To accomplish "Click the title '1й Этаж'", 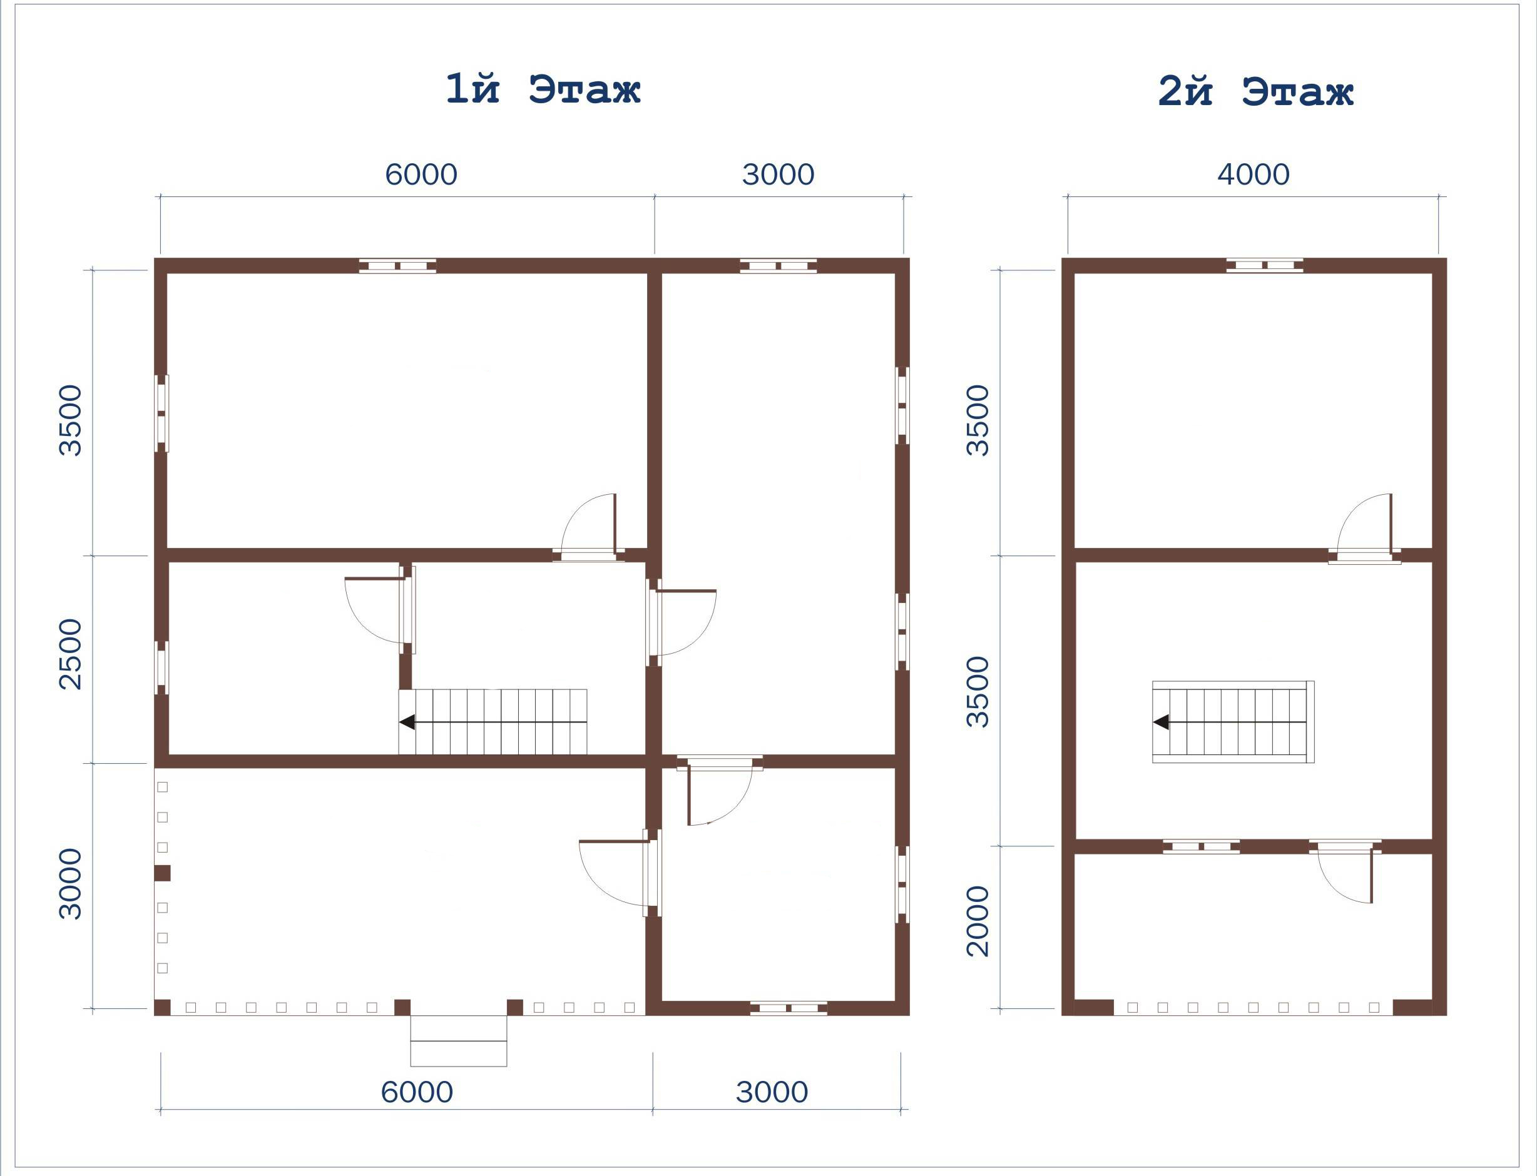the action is [x=543, y=89].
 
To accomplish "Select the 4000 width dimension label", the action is [x=1253, y=175].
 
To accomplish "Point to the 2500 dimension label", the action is [x=71, y=654].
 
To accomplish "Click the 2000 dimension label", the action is [x=978, y=921].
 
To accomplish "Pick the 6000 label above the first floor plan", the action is [x=421, y=175].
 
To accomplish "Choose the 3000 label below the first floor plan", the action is [x=772, y=1092].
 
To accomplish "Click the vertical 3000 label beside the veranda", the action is [x=71, y=883].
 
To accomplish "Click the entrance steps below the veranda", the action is [x=459, y=1041].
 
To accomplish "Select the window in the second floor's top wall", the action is [x=1264, y=265].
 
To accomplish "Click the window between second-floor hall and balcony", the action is [x=1201, y=846].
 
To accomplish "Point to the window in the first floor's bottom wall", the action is [x=789, y=1008].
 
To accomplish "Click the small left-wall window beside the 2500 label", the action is [x=161, y=668].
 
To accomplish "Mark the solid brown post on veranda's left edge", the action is [x=163, y=873].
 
